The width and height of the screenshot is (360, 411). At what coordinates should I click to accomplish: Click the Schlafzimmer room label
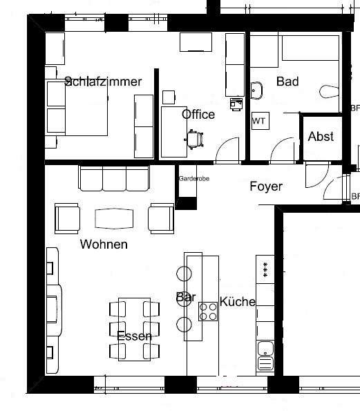(x=103, y=82)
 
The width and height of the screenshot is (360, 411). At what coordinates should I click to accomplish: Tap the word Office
(x=198, y=115)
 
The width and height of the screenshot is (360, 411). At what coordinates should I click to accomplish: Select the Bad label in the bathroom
(x=287, y=82)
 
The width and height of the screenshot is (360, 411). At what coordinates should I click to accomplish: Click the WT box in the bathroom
(x=259, y=121)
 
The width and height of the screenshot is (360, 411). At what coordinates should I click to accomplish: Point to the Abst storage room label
(x=321, y=136)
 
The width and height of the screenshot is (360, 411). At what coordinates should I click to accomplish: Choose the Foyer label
(x=266, y=186)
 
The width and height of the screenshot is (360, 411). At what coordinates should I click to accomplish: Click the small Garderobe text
(x=193, y=179)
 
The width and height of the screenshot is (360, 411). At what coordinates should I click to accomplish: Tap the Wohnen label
(x=104, y=244)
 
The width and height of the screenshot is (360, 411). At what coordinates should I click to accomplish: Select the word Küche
(x=238, y=302)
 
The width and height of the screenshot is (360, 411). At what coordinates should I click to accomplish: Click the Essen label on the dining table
(x=134, y=336)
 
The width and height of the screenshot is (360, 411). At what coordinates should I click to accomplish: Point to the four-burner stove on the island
(x=207, y=312)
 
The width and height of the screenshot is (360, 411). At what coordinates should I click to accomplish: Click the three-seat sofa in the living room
(x=114, y=178)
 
